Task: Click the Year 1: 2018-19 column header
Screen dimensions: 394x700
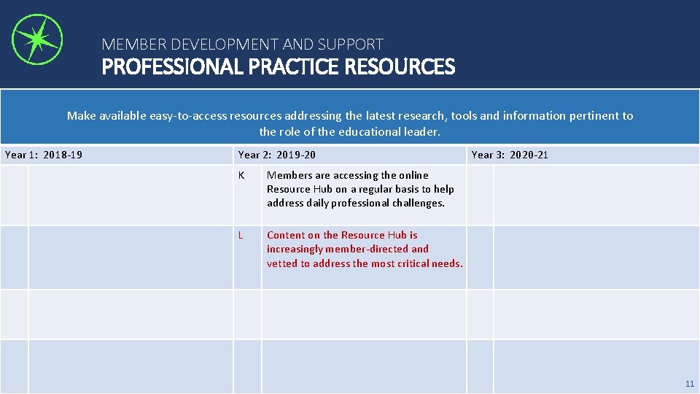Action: pyautogui.click(x=44, y=155)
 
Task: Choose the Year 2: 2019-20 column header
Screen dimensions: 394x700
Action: pyautogui.click(x=277, y=155)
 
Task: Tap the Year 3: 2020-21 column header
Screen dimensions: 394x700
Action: pyautogui.click(x=510, y=155)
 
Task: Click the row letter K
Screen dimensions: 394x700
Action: pyautogui.click(x=241, y=175)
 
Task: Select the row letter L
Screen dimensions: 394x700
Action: pyautogui.click(x=241, y=235)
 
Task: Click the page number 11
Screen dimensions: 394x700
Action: pyautogui.click(x=690, y=384)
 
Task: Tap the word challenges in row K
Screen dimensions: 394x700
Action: pyautogui.click(x=418, y=204)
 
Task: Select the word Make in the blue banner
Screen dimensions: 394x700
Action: pyautogui.click(x=80, y=116)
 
